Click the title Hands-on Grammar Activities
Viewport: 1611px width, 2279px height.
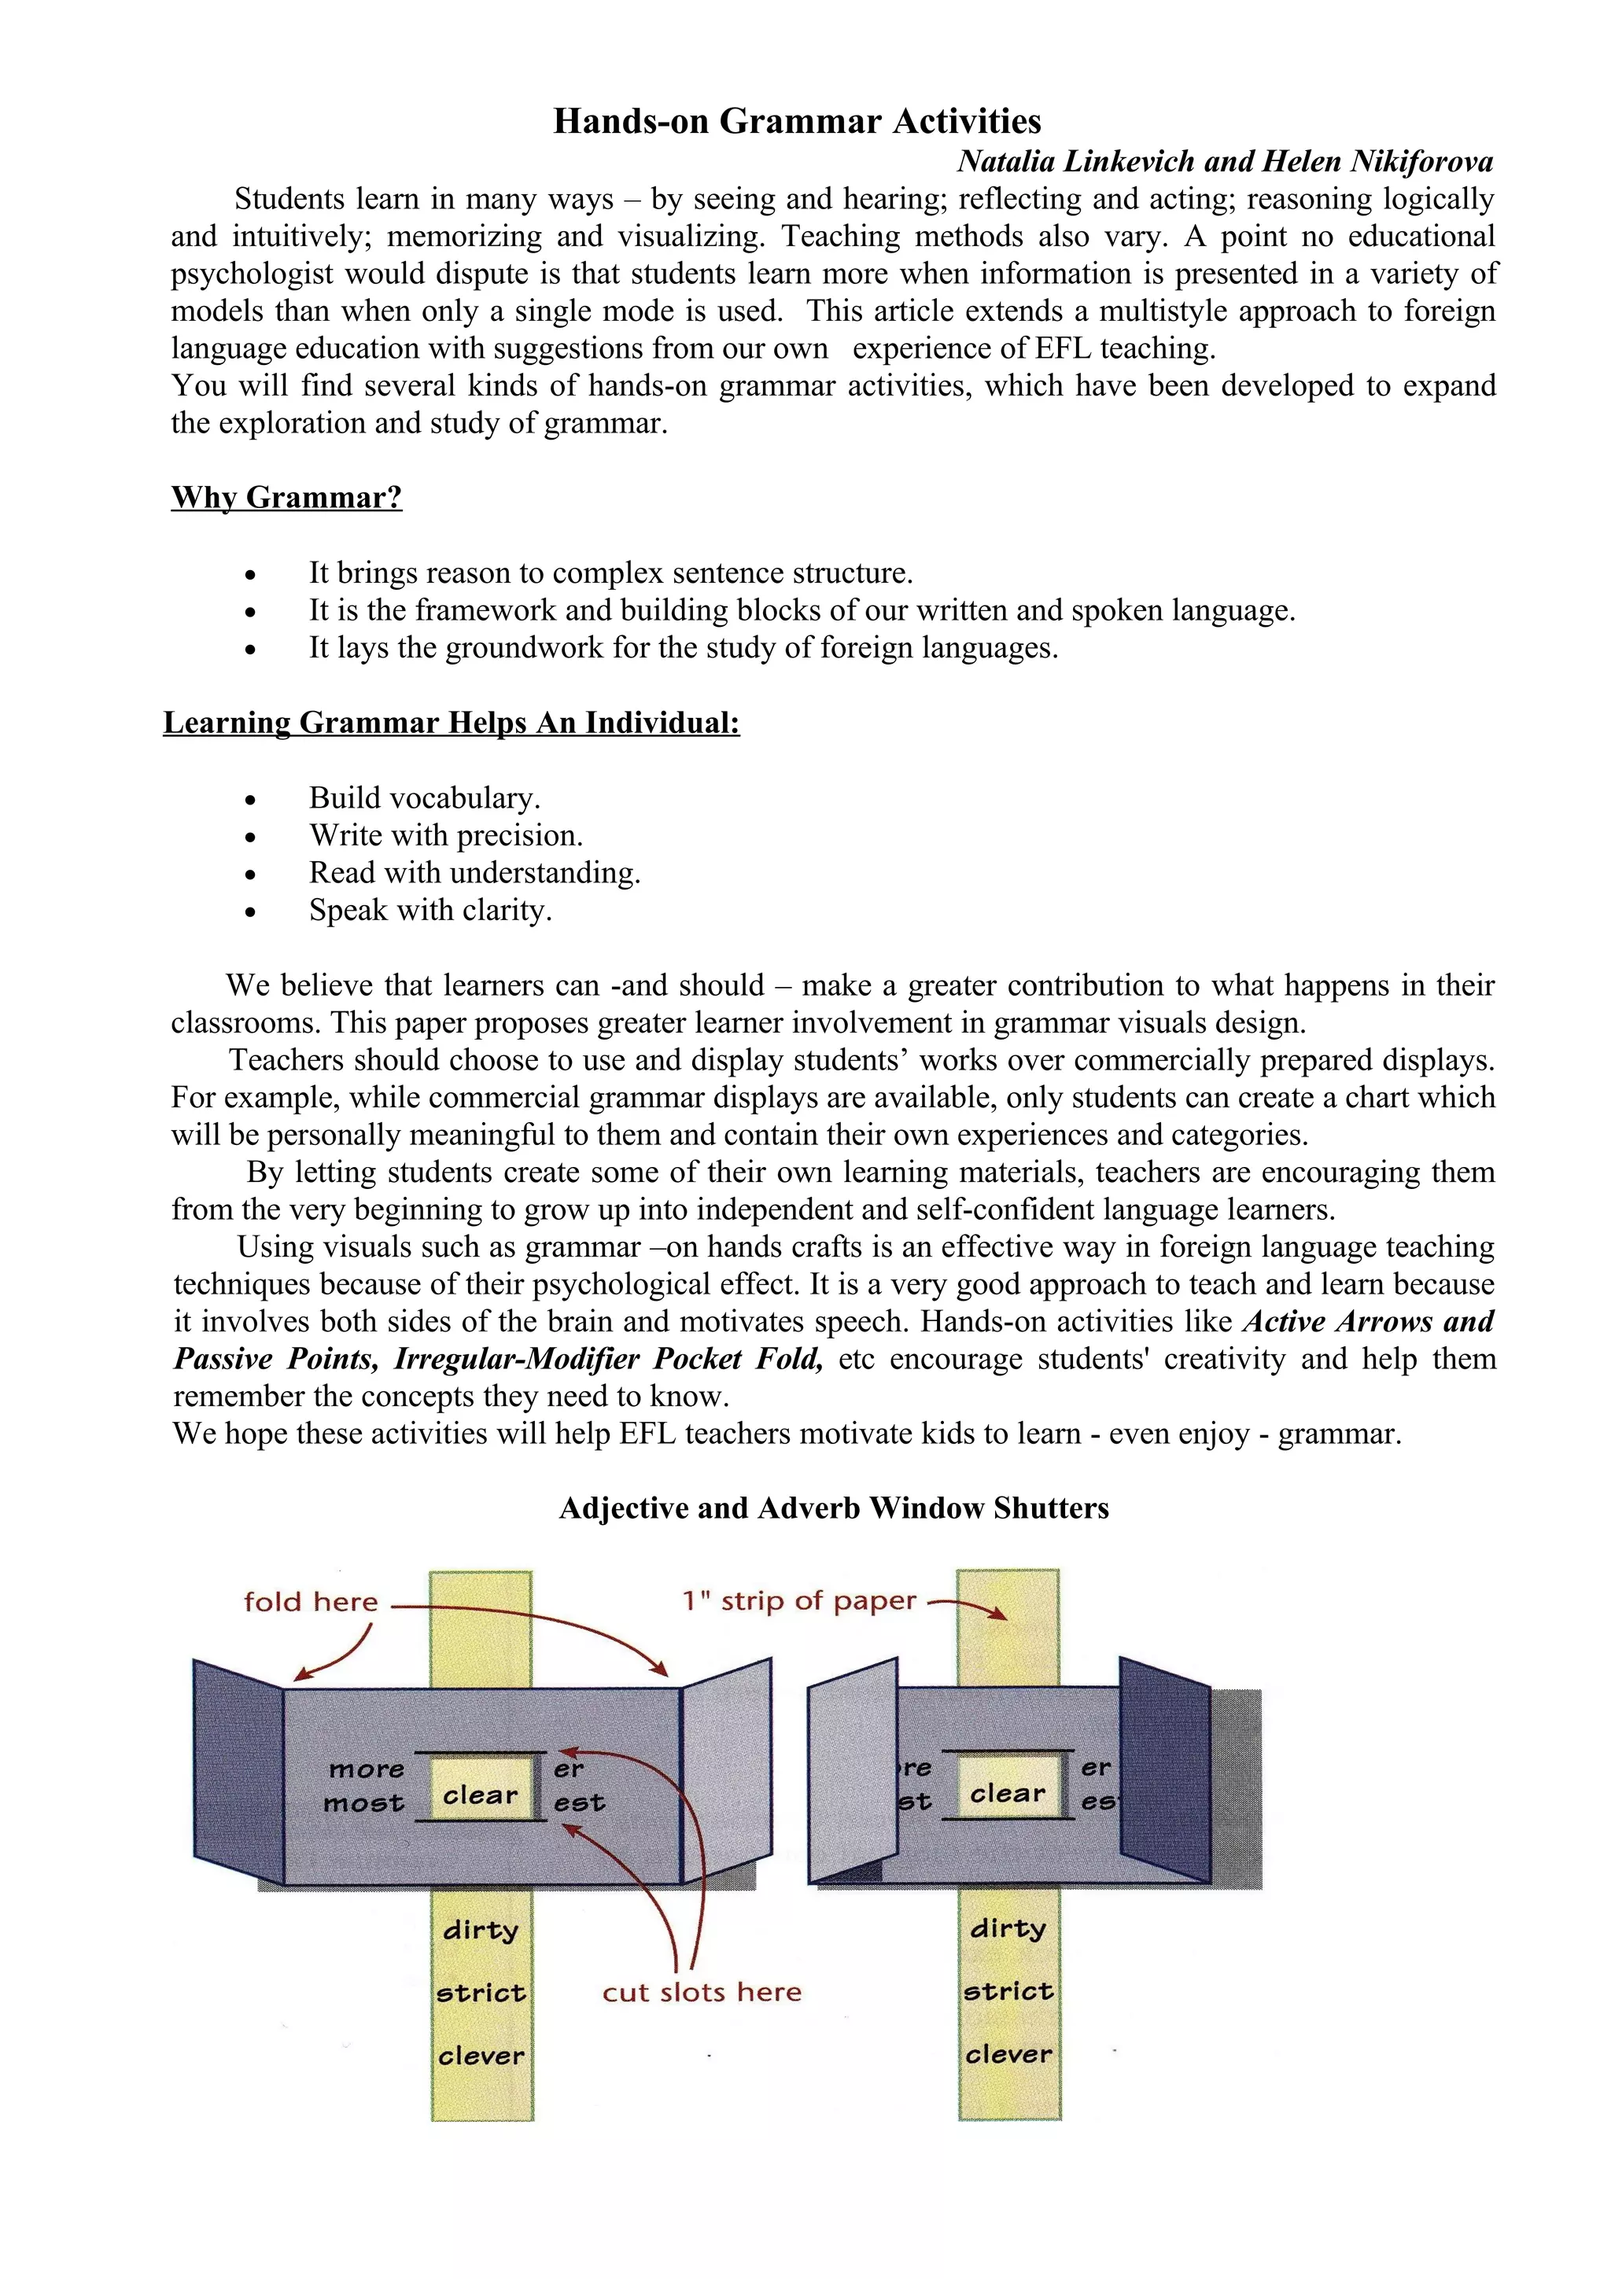(796, 121)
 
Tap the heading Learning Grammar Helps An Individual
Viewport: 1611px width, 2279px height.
(452, 722)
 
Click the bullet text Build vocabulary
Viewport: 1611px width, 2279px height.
(424, 797)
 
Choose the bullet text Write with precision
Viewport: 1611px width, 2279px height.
(446, 835)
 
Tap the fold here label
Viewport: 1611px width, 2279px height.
(311, 1601)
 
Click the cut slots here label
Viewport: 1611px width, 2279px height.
(702, 1992)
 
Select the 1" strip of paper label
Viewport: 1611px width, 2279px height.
(799, 1600)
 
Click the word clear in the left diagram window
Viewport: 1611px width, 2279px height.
(481, 1795)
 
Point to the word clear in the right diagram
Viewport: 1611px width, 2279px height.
(1008, 1793)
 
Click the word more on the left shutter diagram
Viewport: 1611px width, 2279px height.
(367, 1769)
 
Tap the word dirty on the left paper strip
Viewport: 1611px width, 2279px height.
(481, 1931)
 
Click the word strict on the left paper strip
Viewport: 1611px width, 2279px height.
(481, 1993)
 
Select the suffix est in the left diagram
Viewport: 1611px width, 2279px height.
(579, 1802)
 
